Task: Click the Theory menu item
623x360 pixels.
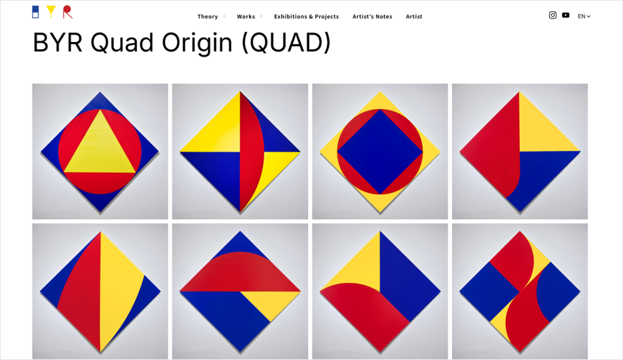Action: click(208, 16)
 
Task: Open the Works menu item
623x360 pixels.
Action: click(246, 16)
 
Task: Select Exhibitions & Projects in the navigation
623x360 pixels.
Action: click(306, 16)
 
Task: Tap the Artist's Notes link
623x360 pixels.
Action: click(372, 16)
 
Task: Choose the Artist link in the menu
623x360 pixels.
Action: click(414, 16)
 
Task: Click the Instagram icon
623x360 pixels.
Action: click(552, 15)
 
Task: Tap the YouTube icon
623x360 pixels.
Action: click(566, 15)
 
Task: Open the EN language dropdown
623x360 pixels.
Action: click(584, 16)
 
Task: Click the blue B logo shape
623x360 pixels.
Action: click(35, 12)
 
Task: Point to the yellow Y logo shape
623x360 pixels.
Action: click(51, 11)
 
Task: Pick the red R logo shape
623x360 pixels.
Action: click(67, 12)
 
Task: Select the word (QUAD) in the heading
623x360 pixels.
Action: click(286, 43)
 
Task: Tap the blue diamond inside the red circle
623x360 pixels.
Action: click(380, 152)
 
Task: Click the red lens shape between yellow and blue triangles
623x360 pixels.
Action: click(250, 152)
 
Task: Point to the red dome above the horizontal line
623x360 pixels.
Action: click(240, 272)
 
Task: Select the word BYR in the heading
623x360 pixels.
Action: click(58, 43)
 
